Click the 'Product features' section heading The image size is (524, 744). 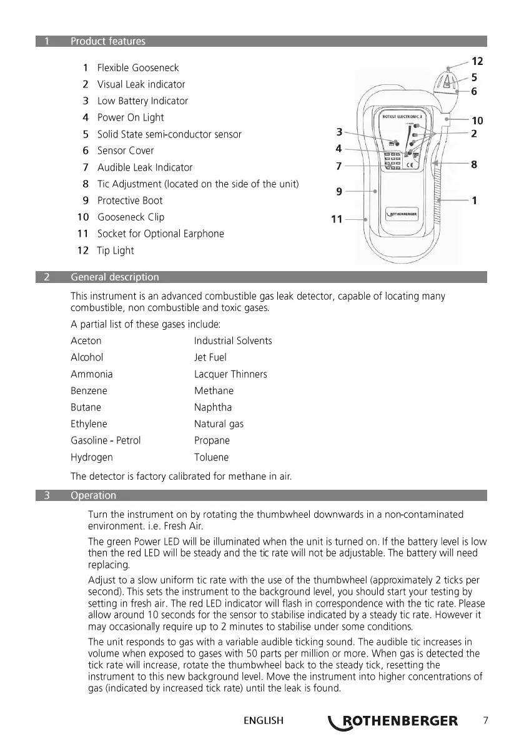point(107,41)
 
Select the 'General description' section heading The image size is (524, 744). point(115,277)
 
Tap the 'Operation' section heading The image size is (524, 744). point(93,495)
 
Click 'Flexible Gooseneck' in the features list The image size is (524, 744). point(137,67)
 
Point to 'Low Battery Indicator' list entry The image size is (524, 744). point(142,101)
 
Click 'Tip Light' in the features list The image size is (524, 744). point(115,250)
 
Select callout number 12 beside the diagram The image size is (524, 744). point(477,61)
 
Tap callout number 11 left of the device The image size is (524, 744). point(337,219)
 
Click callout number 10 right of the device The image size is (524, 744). point(477,120)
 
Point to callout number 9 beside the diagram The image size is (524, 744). point(339,192)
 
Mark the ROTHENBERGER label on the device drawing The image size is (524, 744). point(402,214)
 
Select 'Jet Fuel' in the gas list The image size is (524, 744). point(210,357)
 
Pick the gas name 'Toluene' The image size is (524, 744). point(211,457)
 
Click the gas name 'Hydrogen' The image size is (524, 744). point(92,457)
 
